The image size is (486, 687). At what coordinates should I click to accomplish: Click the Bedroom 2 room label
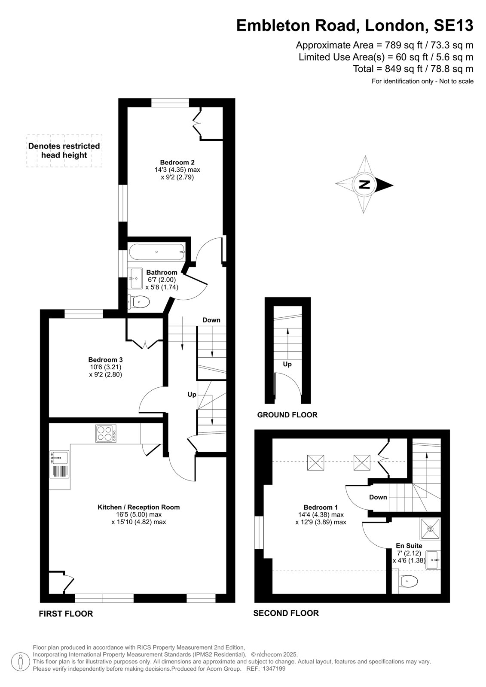tap(177, 162)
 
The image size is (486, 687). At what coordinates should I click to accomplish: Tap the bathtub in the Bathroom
tap(157, 252)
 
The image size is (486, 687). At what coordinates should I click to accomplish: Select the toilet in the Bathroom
tap(138, 302)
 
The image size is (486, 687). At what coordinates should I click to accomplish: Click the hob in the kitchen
tap(106, 433)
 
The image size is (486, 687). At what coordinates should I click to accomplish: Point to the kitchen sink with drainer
tap(60, 464)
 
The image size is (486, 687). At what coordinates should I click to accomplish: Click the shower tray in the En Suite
tap(430, 528)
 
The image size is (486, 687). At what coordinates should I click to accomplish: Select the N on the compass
tap(365, 185)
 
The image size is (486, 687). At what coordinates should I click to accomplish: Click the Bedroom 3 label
tap(105, 359)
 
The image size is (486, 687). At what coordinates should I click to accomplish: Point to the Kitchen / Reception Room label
tap(138, 507)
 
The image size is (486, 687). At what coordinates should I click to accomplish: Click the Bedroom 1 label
tap(321, 507)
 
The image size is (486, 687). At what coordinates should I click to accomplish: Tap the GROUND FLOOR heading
tap(287, 415)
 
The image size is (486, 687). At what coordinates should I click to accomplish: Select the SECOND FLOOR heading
tap(286, 613)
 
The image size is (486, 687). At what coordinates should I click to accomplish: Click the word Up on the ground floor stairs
tap(287, 364)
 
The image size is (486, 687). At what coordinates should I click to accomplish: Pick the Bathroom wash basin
tap(135, 278)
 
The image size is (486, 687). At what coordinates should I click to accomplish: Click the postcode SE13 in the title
tap(453, 25)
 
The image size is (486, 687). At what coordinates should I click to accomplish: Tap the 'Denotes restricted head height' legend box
tap(64, 151)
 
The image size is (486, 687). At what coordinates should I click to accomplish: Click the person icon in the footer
tap(21, 662)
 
